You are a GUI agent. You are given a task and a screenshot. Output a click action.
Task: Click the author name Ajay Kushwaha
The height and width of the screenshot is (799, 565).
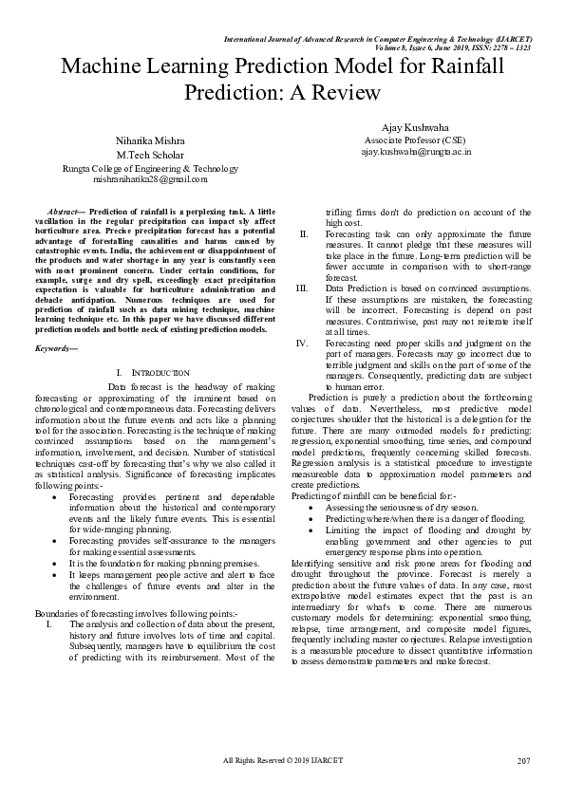[407, 124]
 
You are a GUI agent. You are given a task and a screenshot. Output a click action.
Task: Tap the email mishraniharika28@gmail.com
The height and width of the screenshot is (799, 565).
[150, 177]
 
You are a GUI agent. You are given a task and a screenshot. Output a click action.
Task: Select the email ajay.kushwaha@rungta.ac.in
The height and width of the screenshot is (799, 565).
[407, 151]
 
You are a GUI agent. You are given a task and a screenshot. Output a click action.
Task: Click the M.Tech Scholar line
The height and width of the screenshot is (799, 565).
[150, 154]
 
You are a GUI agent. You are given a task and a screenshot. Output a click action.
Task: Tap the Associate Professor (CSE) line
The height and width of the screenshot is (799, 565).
[407, 139]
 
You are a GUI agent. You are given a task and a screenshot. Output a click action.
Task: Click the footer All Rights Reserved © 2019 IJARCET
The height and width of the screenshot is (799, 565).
[283, 761]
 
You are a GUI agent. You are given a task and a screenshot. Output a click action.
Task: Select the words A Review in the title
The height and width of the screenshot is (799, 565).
[337, 93]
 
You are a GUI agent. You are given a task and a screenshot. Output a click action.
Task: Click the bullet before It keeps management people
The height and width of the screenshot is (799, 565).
[63, 575]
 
